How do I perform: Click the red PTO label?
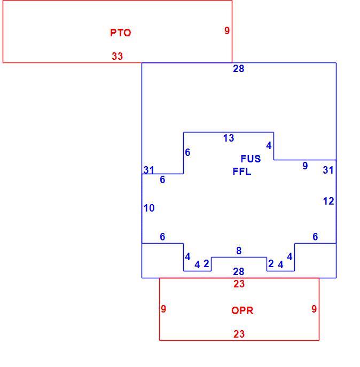pyautogui.click(x=121, y=33)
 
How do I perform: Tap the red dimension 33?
pyautogui.click(x=118, y=56)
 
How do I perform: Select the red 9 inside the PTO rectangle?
pyautogui.click(x=227, y=30)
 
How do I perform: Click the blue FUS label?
pyautogui.click(x=251, y=159)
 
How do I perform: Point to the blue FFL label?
pyautogui.click(x=242, y=172)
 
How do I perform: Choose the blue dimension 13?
pyautogui.click(x=229, y=138)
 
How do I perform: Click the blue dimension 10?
pyautogui.click(x=149, y=208)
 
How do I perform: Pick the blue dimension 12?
pyautogui.click(x=328, y=201)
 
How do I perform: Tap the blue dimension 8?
pyautogui.click(x=239, y=251)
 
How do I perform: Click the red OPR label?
pyautogui.click(x=242, y=310)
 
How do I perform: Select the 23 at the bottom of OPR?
pyautogui.click(x=239, y=334)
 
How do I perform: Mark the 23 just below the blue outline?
pyautogui.click(x=239, y=284)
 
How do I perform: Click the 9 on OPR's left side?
pyautogui.click(x=163, y=309)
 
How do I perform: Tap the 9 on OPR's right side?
pyautogui.click(x=314, y=309)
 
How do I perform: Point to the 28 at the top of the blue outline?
pyautogui.click(x=239, y=69)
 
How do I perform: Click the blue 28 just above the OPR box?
pyautogui.click(x=239, y=271)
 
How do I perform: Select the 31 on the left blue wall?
pyautogui.click(x=148, y=170)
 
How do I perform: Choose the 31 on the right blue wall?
pyautogui.click(x=328, y=170)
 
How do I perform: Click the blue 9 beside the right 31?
pyautogui.click(x=305, y=166)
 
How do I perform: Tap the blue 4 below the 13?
pyautogui.click(x=269, y=146)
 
